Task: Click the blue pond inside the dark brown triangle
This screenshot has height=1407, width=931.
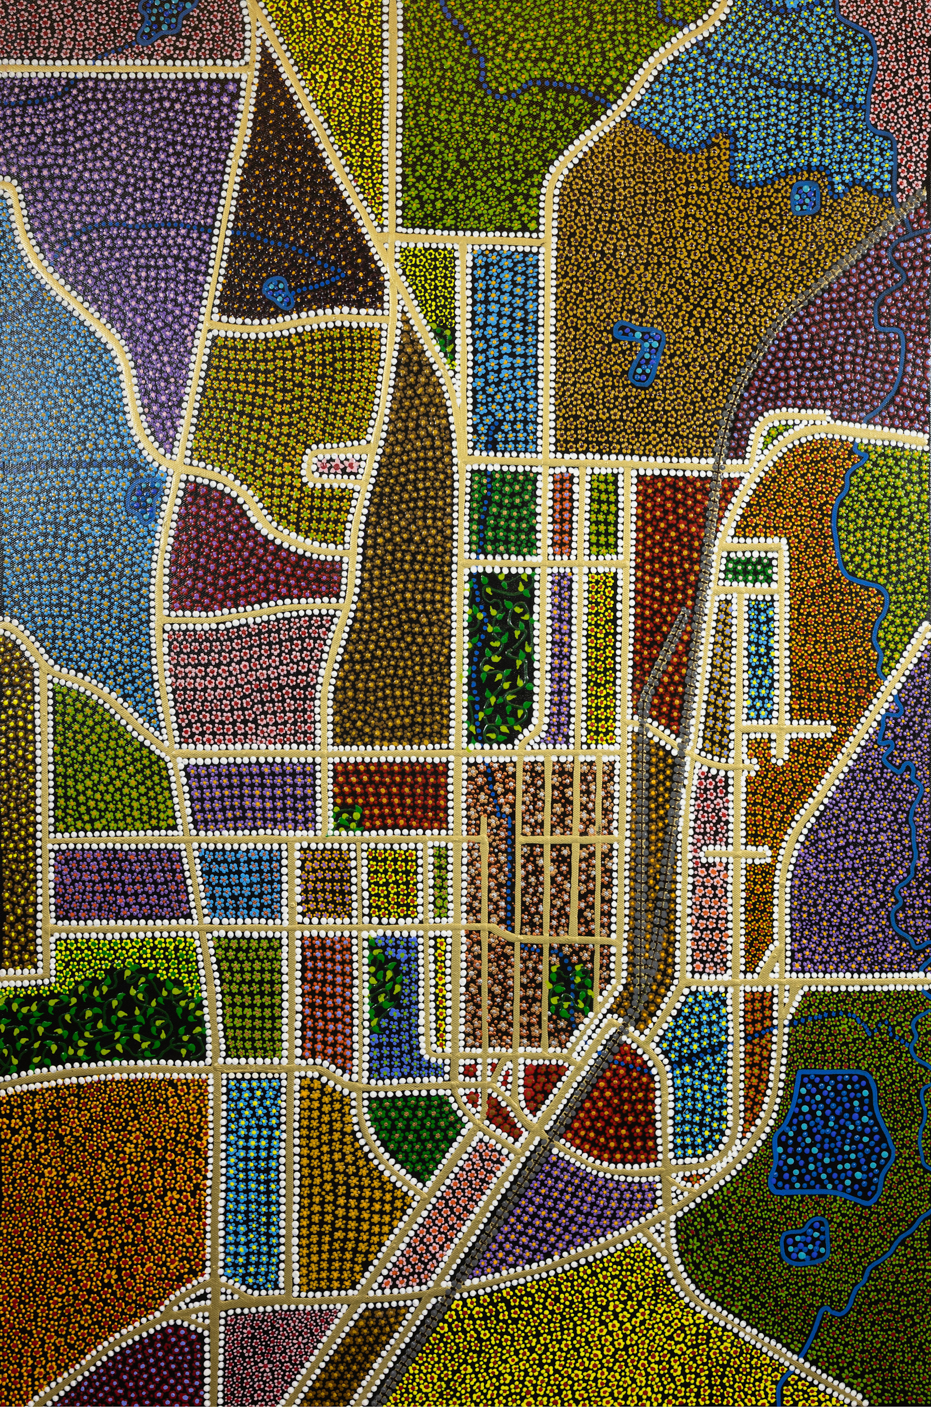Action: click(x=279, y=292)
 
